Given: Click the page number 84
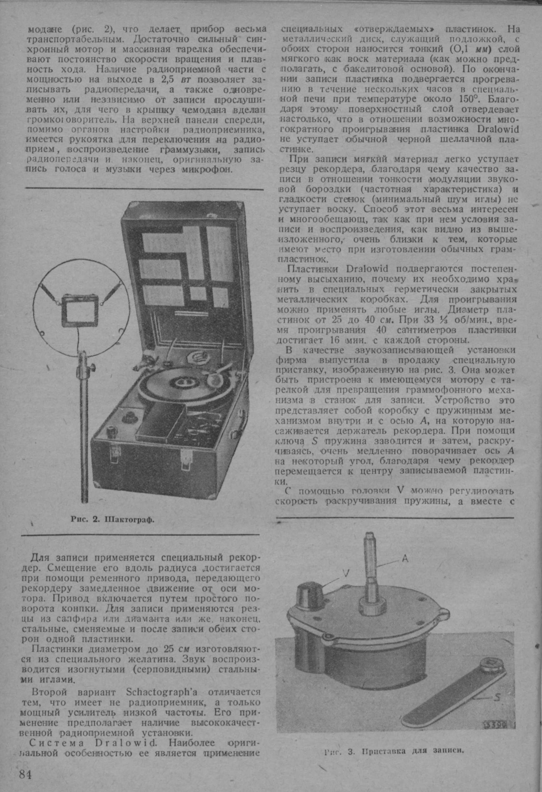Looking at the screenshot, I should [x=25, y=763].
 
